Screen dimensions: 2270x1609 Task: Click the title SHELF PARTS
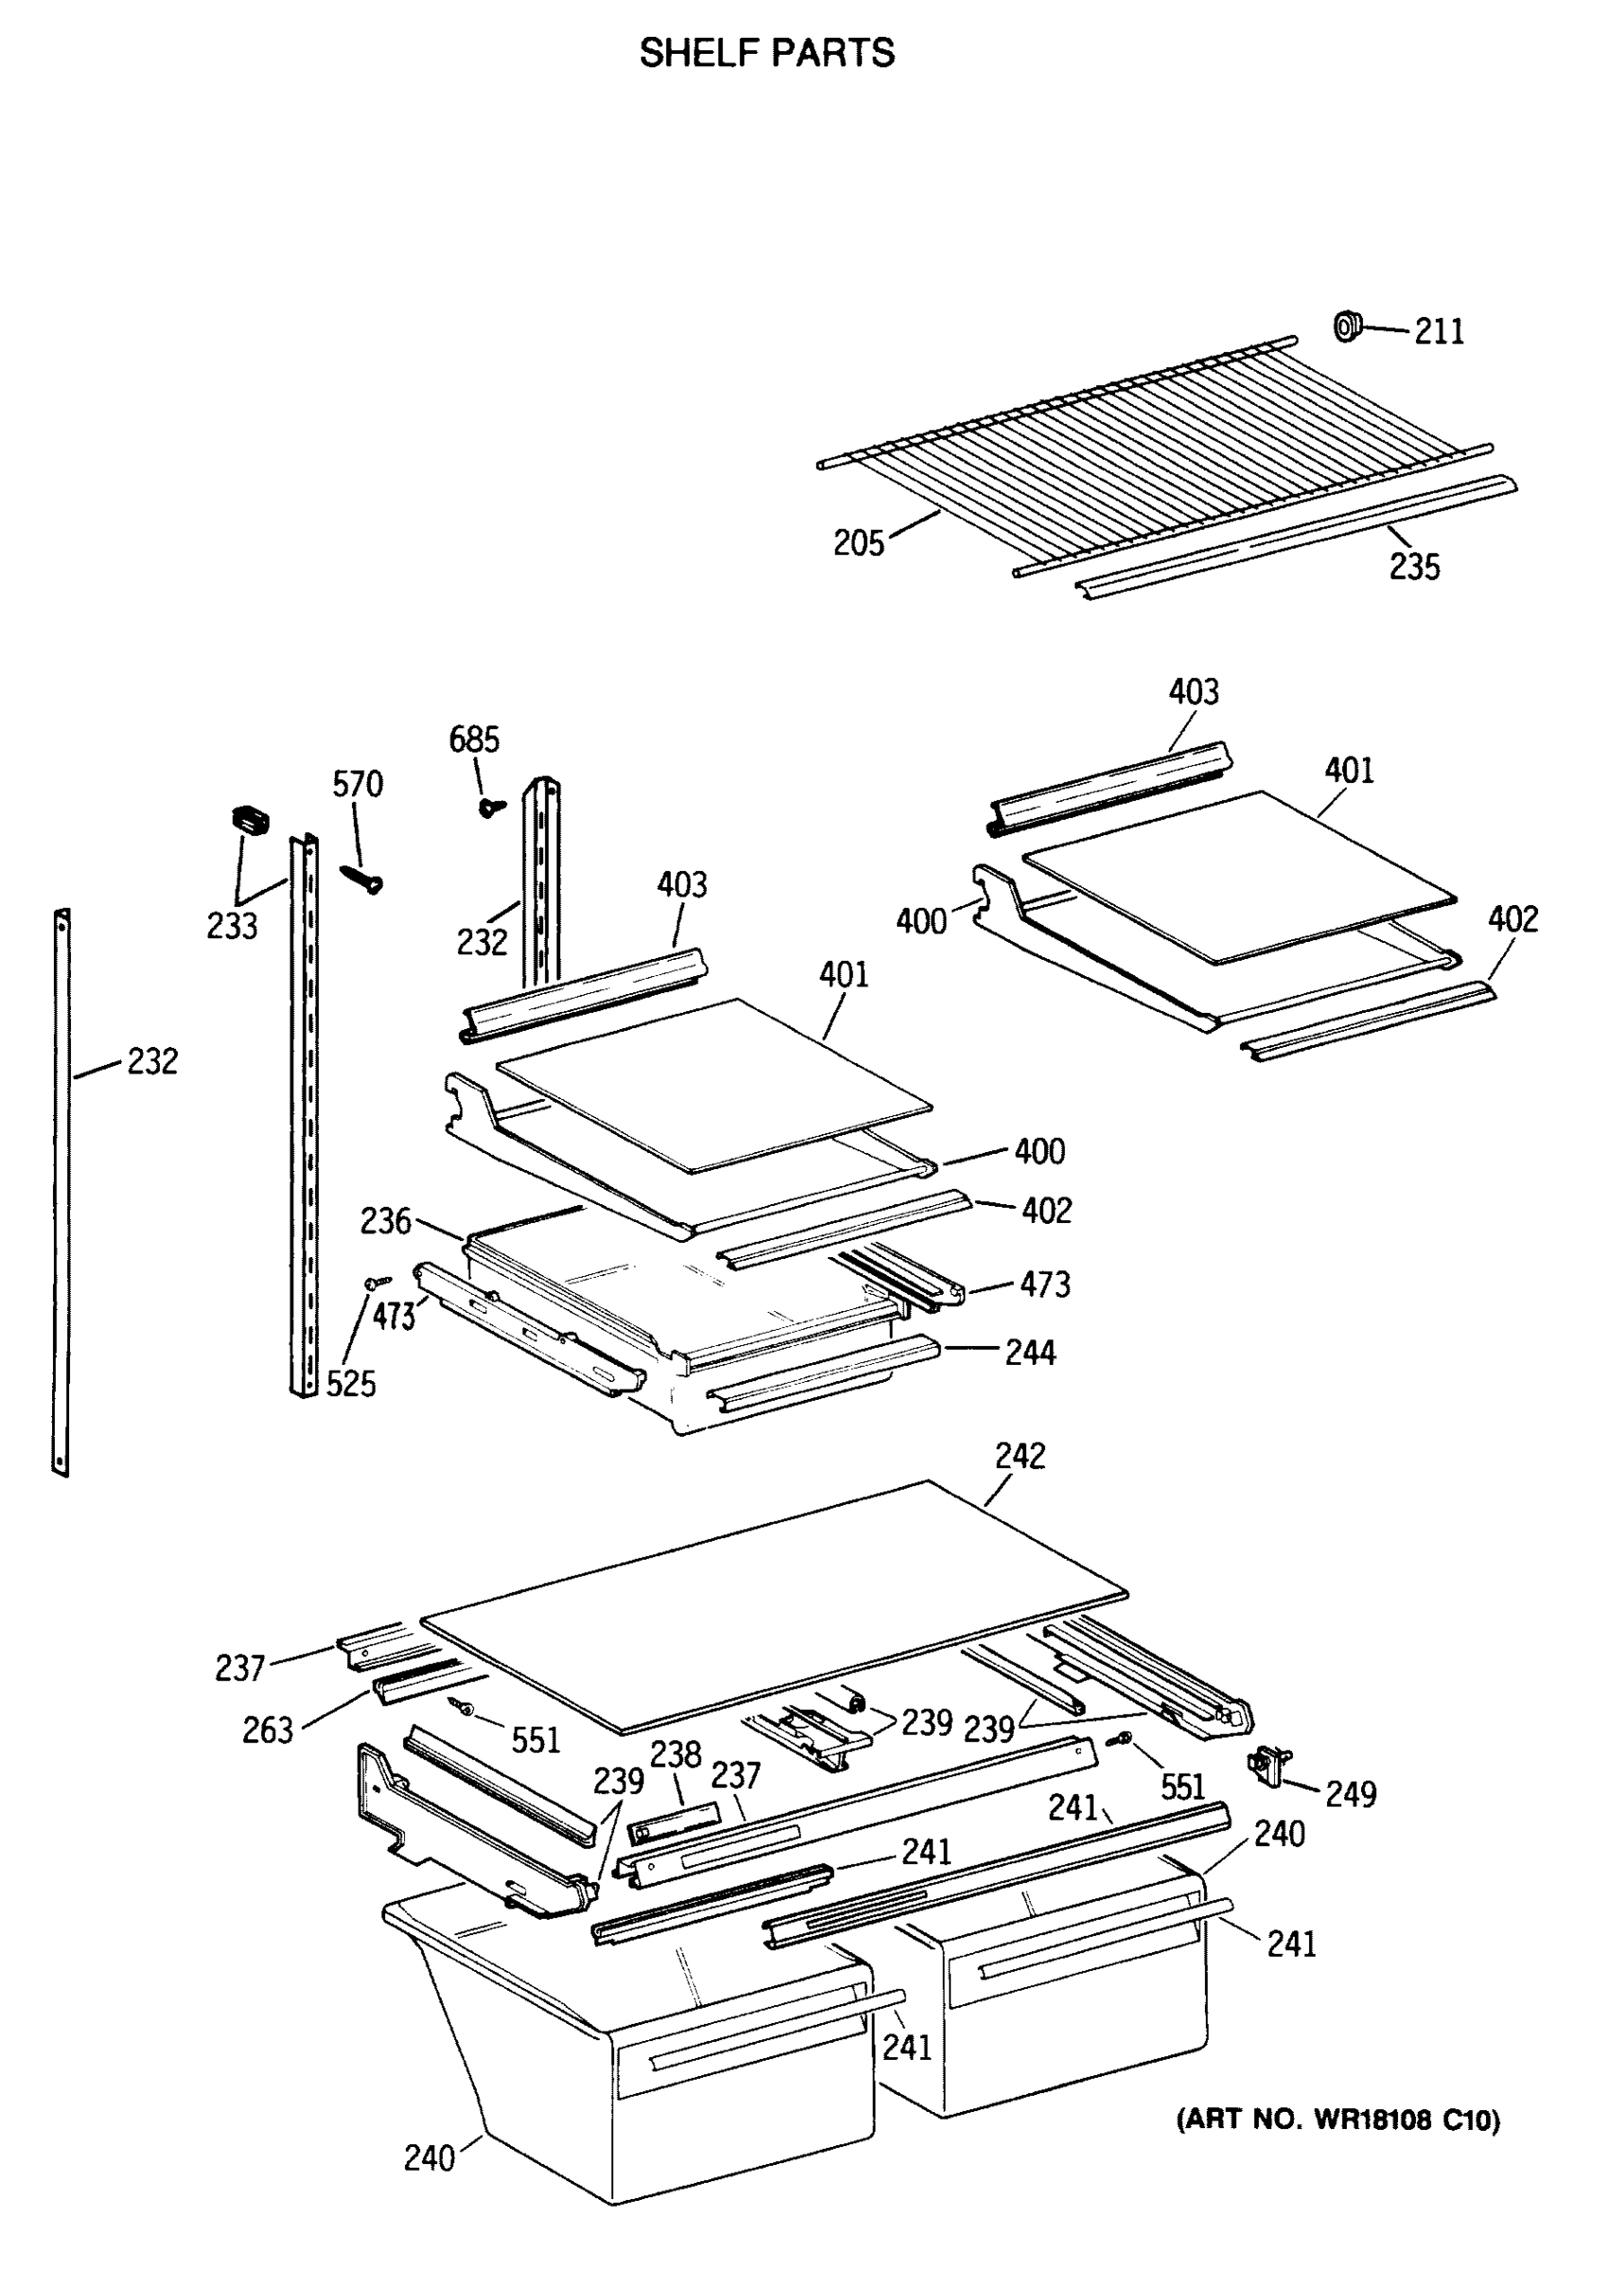tap(766, 52)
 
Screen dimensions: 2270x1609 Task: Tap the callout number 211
tap(1438, 331)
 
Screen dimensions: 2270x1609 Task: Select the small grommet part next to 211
tap(1346, 324)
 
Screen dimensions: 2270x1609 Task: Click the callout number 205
tap(857, 543)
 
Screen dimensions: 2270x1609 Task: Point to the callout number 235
tap(1413, 567)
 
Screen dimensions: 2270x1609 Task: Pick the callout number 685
tap(474, 739)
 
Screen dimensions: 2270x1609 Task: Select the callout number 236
tap(384, 1221)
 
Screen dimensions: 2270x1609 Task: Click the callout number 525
tap(351, 1384)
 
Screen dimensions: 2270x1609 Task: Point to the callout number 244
tap(1029, 1352)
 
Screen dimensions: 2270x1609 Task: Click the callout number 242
tap(1020, 1456)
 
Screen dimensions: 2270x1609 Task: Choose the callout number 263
tap(268, 1730)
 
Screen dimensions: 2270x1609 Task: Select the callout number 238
tap(674, 1754)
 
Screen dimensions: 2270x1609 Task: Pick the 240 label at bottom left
tap(429, 2157)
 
